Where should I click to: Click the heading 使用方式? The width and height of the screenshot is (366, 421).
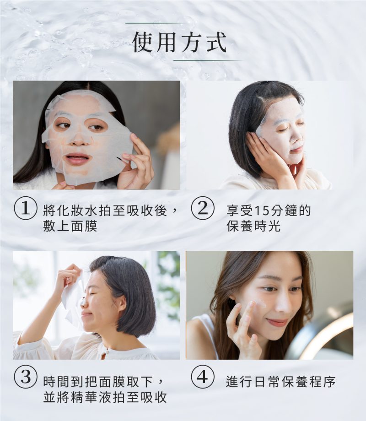point(179,42)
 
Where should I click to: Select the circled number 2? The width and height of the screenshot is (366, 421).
point(202,210)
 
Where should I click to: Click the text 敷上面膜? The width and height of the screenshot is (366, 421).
point(70,226)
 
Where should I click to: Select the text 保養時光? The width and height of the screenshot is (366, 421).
point(253,226)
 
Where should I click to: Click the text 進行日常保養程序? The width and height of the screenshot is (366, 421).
point(281,382)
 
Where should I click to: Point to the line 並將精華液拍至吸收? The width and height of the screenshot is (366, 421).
point(104,397)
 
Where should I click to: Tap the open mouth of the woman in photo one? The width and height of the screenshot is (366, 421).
point(78,159)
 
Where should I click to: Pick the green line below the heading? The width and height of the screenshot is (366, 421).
point(207,60)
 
